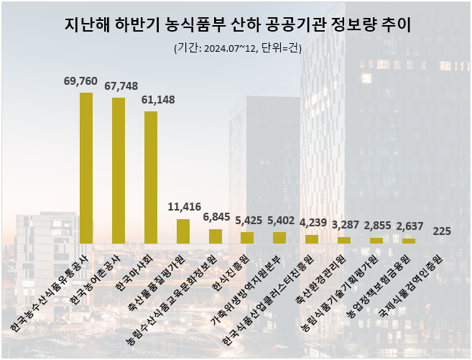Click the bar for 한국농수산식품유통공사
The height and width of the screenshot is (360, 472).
click(x=85, y=168)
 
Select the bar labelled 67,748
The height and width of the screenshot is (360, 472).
click(x=119, y=171)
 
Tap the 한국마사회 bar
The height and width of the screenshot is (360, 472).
click(x=151, y=177)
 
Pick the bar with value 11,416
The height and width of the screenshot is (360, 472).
click(x=183, y=231)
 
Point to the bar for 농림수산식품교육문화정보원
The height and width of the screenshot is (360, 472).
click(x=216, y=236)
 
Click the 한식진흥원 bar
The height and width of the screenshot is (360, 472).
click(x=247, y=238)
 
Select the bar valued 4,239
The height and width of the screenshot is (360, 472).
click(x=312, y=239)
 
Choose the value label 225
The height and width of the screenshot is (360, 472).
click(x=443, y=231)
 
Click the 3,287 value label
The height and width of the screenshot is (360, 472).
click(x=345, y=224)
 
